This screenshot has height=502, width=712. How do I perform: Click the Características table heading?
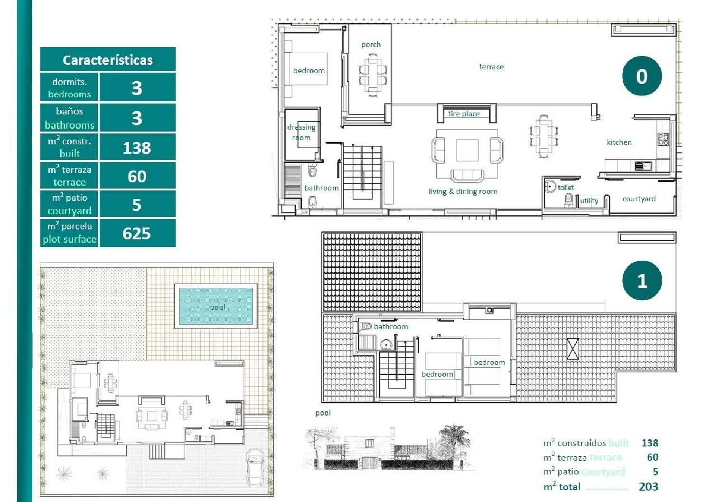[x=108, y=60]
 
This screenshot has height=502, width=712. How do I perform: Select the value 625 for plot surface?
[x=137, y=233]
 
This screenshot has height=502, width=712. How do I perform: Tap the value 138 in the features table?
[x=137, y=148]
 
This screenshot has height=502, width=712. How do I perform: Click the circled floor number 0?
[x=642, y=76]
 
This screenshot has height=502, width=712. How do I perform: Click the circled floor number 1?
[x=642, y=281]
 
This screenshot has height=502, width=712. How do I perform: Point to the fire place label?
[x=464, y=114]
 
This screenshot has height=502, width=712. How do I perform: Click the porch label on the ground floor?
[x=371, y=45]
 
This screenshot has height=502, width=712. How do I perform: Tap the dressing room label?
[x=301, y=133]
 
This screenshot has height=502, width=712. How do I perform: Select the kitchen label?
[x=619, y=142]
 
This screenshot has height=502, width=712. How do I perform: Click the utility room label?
[x=589, y=201]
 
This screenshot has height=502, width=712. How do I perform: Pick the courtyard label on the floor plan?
[x=639, y=199]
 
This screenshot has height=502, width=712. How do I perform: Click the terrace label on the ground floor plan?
[x=491, y=67]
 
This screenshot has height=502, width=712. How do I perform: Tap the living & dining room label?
[x=463, y=191]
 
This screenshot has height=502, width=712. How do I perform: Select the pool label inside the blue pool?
[x=217, y=307]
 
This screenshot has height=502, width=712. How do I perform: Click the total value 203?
[x=648, y=486]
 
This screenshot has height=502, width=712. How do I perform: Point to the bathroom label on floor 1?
[x=391, y=327]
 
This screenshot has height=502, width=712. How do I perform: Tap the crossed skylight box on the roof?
[x=573, y=349]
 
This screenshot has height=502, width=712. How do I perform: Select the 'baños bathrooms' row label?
[x=69, y=118]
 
